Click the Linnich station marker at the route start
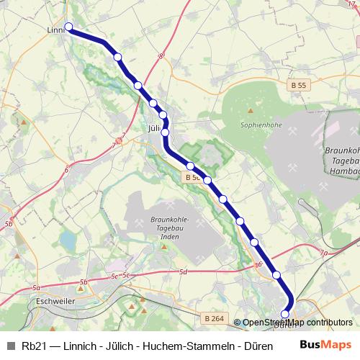tap(69, 27)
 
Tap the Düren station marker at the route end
tap(285, 314)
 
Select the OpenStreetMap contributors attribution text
tap(297, 323)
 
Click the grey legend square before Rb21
tap(9, 344)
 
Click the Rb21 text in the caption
tap(32, 344)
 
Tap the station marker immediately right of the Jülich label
tap(166, 132)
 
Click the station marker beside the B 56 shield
tap(207, 180)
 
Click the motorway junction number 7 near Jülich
tap(124, 135)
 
